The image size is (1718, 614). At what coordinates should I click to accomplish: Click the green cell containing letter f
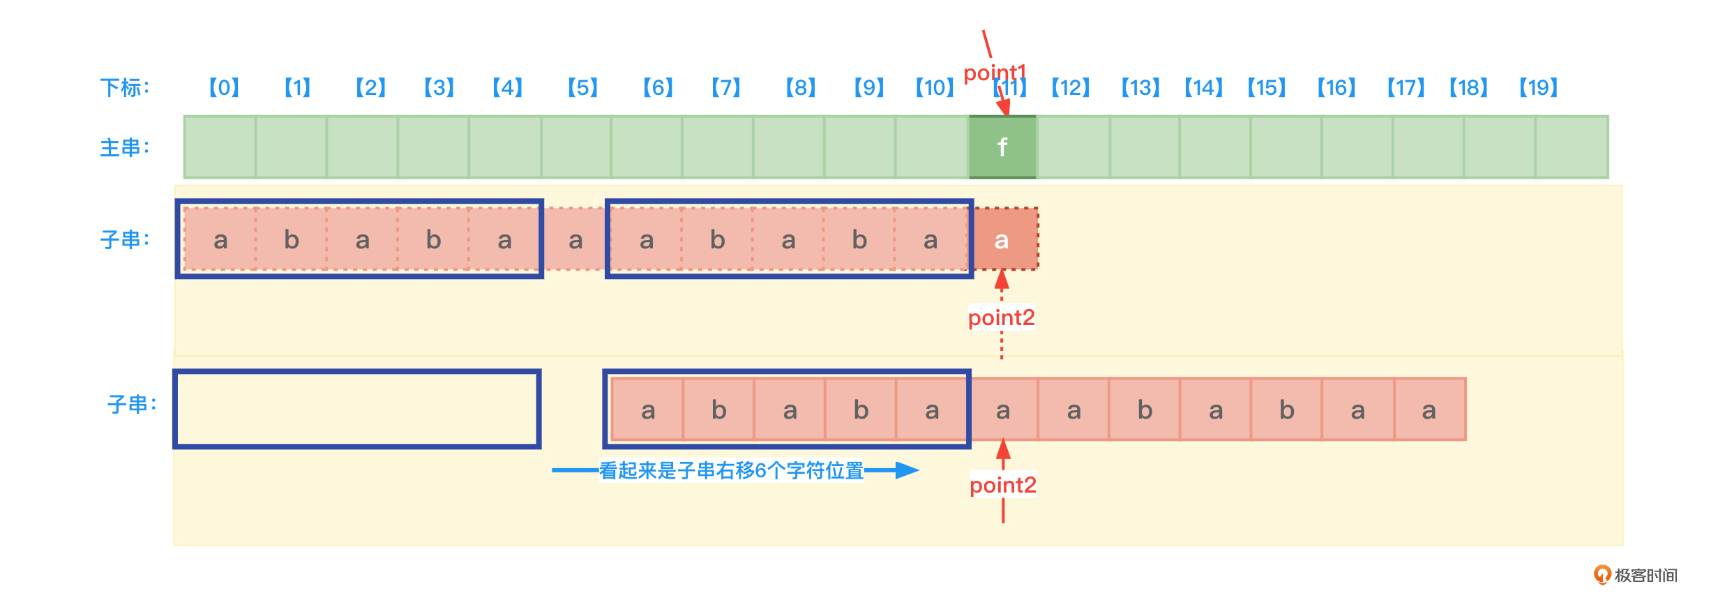coord(1002,147)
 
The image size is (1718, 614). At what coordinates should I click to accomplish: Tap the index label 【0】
coord(224,88)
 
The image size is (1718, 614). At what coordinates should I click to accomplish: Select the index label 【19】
coord(1538,88)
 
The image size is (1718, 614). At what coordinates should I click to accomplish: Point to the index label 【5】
coord(582,88)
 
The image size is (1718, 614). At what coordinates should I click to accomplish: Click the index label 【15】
coord(1266,88)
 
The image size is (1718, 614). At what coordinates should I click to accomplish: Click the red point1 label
coord(994,73)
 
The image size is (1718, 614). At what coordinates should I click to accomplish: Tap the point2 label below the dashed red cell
coord(1001,317)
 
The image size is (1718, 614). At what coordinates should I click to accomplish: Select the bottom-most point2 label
coord(1002,485)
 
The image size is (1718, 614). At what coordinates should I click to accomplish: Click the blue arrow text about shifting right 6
coord(731,470)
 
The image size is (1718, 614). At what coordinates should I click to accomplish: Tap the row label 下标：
coord(125,88)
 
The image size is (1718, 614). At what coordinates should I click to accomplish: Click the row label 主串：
coord(125,148)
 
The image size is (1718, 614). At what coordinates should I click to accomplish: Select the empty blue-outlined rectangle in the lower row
coord(357,409)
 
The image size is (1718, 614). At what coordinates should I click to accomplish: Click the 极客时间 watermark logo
coord(1636,575)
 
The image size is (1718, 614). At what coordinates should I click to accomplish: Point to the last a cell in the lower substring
coord(1429,410)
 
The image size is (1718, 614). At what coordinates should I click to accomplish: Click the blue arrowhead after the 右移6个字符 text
coord(906,470)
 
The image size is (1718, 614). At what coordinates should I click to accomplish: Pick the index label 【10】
coord(935,88)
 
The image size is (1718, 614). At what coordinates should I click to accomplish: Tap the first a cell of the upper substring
coord(220,240)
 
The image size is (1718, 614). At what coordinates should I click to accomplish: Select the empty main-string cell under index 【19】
coord(1571,147)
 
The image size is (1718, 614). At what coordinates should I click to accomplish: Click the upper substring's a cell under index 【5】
coord(575,240)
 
